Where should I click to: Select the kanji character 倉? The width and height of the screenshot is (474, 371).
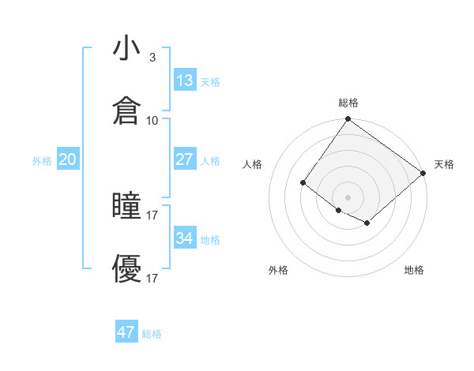126,111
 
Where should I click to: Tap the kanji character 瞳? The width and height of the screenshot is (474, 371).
126,207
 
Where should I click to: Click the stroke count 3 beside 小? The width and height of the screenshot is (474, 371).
152,57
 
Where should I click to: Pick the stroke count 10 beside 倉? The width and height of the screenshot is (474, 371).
152,121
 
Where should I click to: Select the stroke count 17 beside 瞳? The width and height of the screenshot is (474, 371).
152,215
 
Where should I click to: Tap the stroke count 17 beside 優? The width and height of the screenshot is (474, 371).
152,279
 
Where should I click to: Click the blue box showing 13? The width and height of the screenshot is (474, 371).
185,81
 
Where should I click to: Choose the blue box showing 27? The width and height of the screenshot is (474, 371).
185,159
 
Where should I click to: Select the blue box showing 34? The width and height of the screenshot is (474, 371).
185,238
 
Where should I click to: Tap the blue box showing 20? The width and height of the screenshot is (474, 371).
68,159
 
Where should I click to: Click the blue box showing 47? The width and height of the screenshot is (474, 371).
126,332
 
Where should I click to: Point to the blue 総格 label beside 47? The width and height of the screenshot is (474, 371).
152,334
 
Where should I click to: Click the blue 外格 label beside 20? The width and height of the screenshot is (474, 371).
42,161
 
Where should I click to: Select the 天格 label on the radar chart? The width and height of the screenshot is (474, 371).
444,164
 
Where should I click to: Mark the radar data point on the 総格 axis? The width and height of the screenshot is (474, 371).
348,120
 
